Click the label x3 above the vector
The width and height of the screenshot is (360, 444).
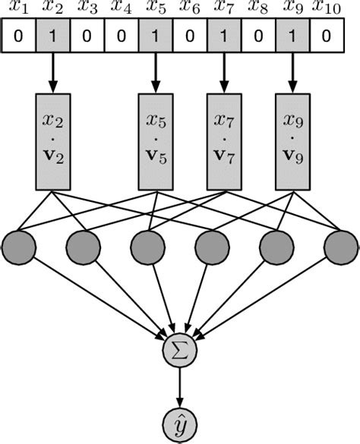pyautogui.click(x=88, y=10)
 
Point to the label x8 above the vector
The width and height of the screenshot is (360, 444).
pyautogui.click(x=258, y=10)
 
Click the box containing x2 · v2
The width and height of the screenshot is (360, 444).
pyautogui.click(x=53, y=141)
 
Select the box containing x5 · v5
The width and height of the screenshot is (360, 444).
pyautogui.click(x=156, y=141)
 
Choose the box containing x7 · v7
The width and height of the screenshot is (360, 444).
pyautogui.click(x=224, y=141)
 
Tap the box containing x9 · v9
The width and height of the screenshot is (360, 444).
pyautogui.click(x=292, y=141)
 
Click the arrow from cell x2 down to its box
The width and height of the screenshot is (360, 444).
pyautogui.click(x=53, y=72)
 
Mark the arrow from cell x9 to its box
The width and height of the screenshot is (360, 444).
pyautogui.click(x=292, y=72)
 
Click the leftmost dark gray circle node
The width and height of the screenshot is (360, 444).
pyautogui.click(x=20, y=246)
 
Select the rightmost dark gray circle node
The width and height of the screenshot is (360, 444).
pyautogui.click(x=340, y=246)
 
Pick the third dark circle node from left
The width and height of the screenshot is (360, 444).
pyautogui.click(x=148, y=246)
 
